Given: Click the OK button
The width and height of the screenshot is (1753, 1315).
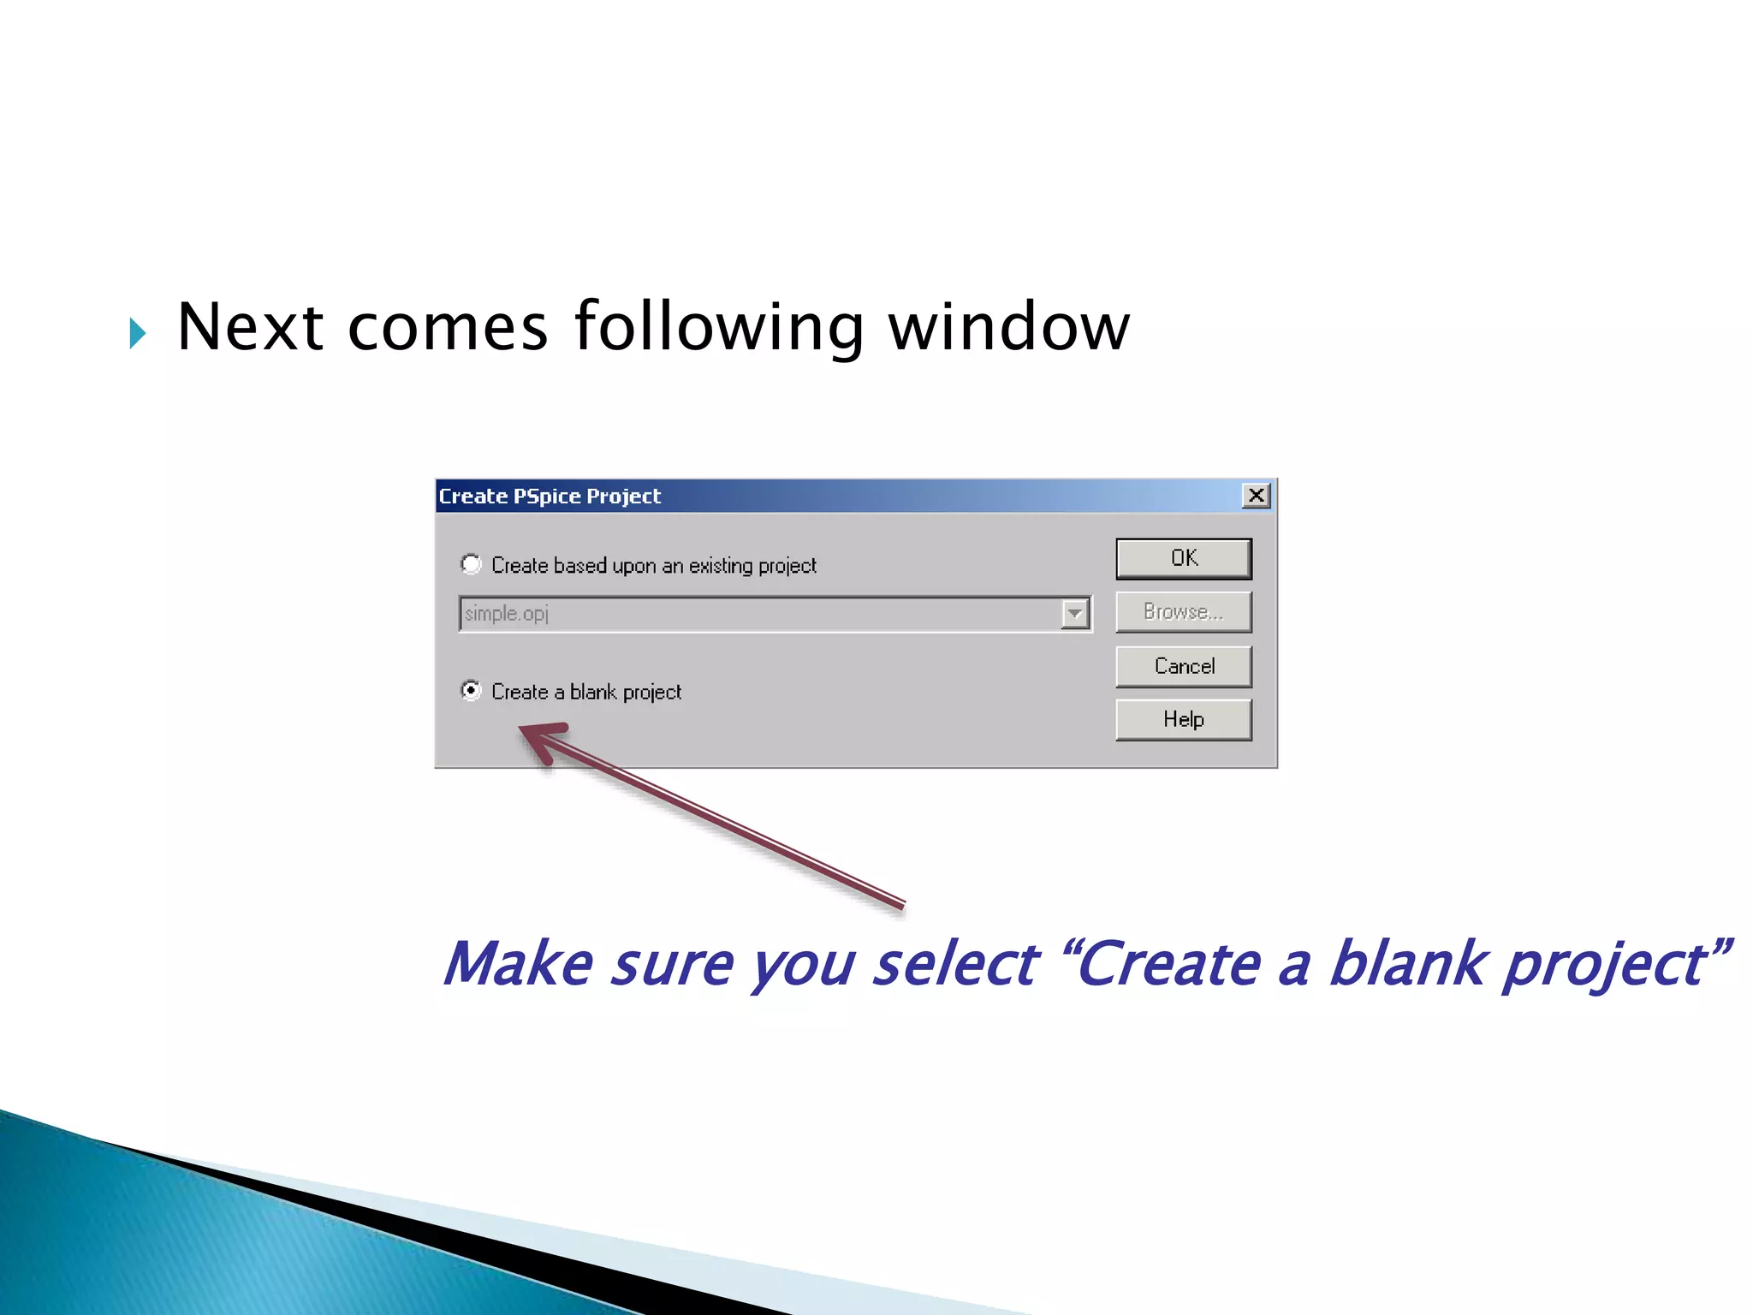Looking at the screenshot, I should (x=1183, y=558).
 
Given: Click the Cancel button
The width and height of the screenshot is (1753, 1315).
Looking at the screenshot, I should (x=1183, y=666).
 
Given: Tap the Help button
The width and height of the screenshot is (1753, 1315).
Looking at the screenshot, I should (x=1183, y=719).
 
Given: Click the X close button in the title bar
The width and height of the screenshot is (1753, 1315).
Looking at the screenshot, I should (x=1256, y=496).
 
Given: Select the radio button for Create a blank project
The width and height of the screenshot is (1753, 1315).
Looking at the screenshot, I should (x=471, y=690).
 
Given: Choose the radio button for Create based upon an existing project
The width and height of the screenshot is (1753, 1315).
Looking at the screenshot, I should (x=471, y=564).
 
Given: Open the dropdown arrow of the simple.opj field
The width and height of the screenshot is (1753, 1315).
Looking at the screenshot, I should (x=1074, y=614).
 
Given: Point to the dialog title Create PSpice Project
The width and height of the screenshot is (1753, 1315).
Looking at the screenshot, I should (x=550, y=497).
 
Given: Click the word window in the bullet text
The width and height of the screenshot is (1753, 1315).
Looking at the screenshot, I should (x=1009, y=327).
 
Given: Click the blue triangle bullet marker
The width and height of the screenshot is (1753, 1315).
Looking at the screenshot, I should (x=138, y=333).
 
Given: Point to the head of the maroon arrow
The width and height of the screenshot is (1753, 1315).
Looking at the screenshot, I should (x=535, y=735).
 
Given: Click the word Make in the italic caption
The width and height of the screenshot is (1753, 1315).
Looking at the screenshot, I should (x=519, y=964).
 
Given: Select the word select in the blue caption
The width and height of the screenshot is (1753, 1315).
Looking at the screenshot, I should (x=954, y=964).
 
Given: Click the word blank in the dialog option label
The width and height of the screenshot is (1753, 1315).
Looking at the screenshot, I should (x=592, y=692).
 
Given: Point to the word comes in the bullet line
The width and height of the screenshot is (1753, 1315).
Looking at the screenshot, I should (x=447, y=327).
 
